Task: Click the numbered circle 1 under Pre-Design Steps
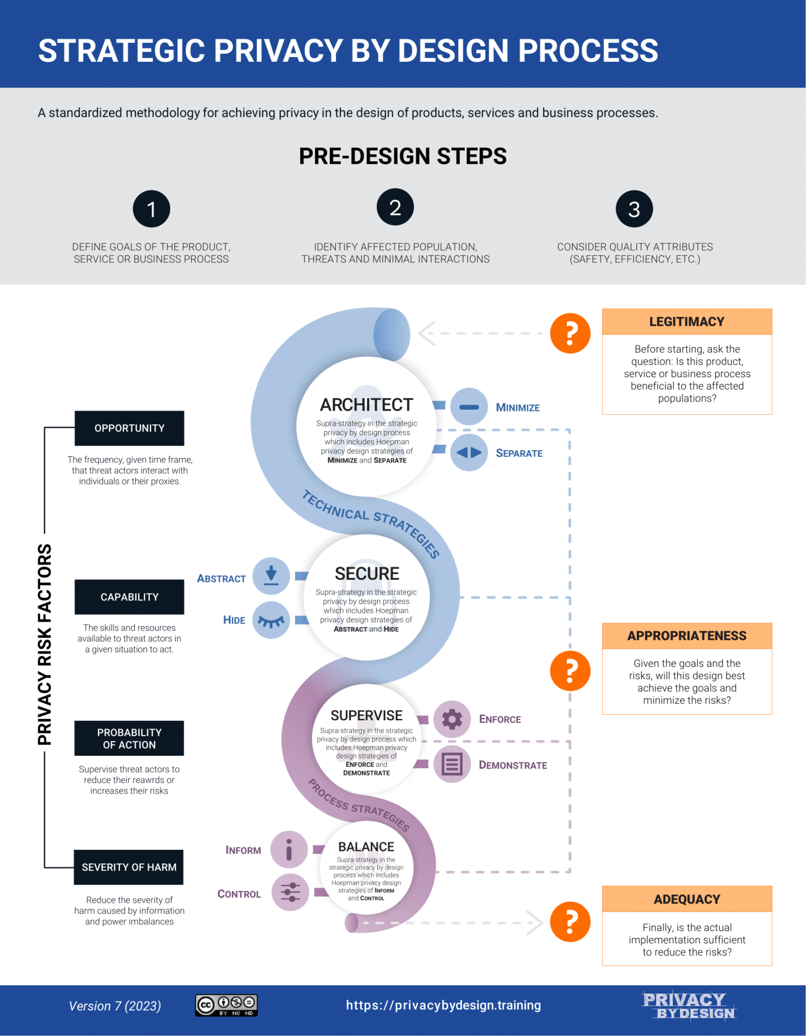click(151, 209)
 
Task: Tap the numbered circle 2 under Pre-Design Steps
click(395, 207)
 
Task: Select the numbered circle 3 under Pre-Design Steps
click(634, 209)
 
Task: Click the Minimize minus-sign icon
click(469, 407)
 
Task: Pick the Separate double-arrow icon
click(469, 452)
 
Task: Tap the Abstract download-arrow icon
click(271, 576)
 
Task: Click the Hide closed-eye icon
click(271, 620)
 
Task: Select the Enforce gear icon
click(452, 719)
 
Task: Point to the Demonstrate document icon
click(452, 764)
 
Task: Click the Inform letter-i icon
click(289, 849)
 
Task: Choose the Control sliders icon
click(291, 892)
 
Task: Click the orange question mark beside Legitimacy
click(570, 333)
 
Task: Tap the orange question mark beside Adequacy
click(570, 922)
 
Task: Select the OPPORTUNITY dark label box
click(129, 428)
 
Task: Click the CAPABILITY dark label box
click(129, 597)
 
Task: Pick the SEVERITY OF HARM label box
click(129, 867)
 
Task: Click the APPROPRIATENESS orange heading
click(687, 636)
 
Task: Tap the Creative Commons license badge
click(226, 1005)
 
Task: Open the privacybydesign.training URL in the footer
click(444, 1005)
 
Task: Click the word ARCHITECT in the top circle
click(367, 405)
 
